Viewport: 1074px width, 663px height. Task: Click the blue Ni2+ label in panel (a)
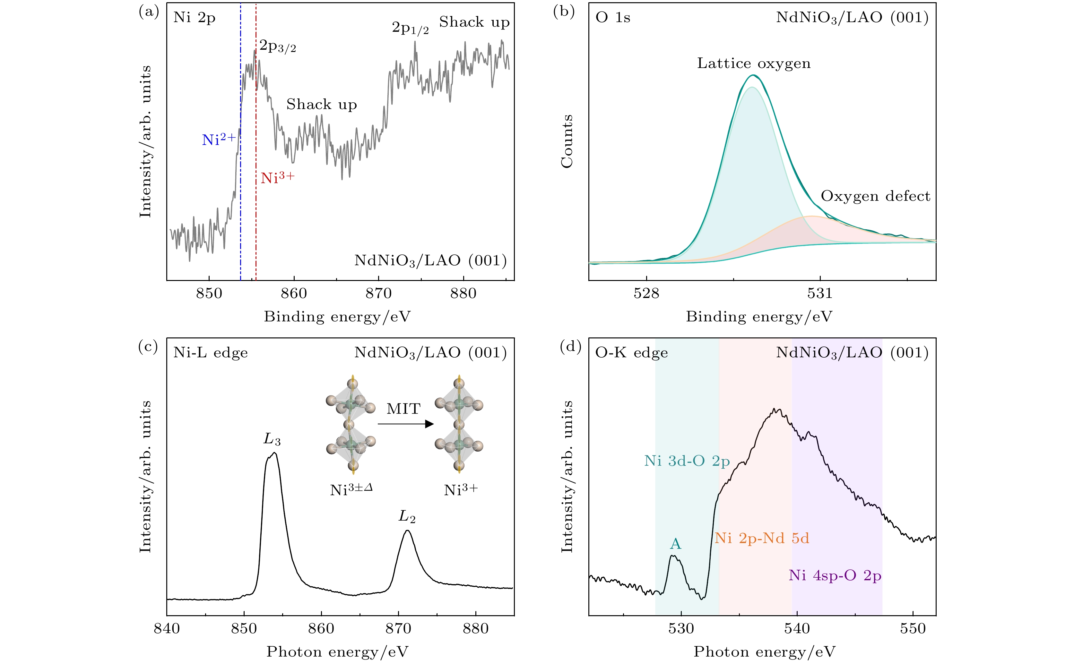219,140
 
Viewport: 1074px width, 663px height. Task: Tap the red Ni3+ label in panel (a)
277,178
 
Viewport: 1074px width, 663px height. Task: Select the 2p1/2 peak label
410,28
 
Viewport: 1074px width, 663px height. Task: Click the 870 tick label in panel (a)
378,293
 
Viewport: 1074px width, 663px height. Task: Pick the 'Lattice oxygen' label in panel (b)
753,64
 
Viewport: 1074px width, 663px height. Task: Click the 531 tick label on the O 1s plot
819,293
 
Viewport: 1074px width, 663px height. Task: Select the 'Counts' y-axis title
567,141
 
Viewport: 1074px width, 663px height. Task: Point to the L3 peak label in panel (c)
272,439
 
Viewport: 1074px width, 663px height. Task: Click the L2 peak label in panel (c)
407,516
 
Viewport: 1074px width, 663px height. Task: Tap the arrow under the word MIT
405,424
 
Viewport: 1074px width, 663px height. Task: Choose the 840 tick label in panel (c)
167,629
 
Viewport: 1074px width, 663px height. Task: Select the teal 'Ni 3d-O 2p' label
687,461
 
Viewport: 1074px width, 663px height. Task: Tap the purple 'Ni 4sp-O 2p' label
835,575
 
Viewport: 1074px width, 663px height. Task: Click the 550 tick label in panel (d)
913,629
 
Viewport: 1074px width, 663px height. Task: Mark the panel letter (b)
564,12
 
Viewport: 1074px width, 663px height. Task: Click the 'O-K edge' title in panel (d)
631,353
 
